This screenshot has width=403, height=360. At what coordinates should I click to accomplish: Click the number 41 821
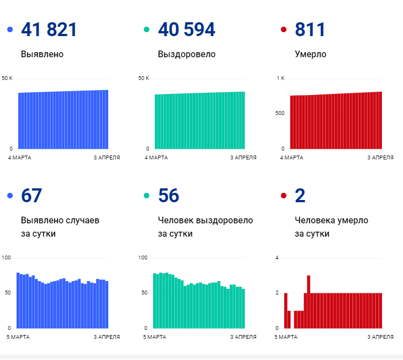[49, 29]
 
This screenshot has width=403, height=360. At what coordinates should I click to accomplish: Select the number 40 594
[187, 29]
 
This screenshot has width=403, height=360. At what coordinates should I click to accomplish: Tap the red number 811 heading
[310, 29]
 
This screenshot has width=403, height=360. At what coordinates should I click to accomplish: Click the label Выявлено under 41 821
[42, 54]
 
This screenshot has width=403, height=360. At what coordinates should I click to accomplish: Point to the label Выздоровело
[187, 54]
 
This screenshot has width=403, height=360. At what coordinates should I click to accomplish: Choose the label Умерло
[310, 54]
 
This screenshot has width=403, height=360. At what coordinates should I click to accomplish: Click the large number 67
[31, 196]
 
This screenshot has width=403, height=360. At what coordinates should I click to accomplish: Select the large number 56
[168, 196]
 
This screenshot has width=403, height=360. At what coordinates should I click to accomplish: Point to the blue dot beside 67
[10, 196]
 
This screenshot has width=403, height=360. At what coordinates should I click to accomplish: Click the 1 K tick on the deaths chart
[280, 78]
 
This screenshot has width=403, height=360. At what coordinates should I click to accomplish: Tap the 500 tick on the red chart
[279, 113]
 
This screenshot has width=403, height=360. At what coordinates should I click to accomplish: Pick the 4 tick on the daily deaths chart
[277, 257]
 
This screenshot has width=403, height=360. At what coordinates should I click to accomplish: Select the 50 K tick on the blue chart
[7, 78]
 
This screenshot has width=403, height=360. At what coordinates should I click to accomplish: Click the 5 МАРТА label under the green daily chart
[155, 337]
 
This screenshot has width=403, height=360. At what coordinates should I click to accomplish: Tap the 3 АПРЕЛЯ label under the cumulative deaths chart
[380, 158]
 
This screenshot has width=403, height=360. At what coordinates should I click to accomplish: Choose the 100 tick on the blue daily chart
[7, 257]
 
